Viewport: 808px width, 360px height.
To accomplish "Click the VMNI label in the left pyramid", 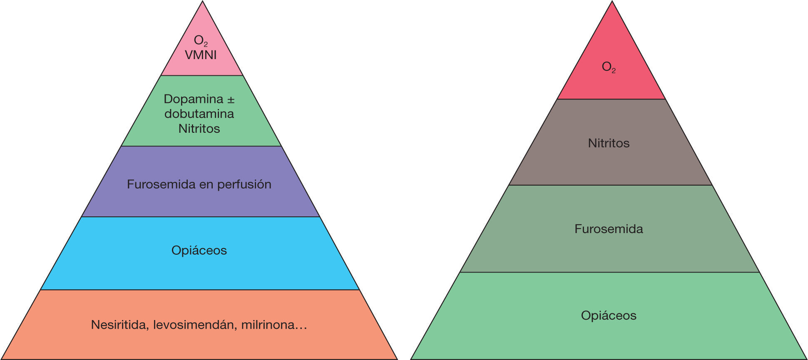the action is [201, 55].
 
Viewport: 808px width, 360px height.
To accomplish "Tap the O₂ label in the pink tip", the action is [201, 40].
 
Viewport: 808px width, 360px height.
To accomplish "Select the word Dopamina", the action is [193, 99].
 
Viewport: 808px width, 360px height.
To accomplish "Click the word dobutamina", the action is [199, 114].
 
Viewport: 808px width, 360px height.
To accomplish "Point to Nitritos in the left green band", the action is [199, 129].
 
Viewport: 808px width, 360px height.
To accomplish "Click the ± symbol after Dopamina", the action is [231, 99].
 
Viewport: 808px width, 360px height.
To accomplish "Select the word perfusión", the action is [244, 184].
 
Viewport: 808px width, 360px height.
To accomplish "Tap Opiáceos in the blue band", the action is [199, 251].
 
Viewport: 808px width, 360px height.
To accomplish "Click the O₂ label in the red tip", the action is [609, 67].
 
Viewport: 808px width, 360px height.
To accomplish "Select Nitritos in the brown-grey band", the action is [609, 143].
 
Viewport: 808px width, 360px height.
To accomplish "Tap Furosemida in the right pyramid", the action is [609, 229].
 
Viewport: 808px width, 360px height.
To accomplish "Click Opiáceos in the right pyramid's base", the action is [609, 315].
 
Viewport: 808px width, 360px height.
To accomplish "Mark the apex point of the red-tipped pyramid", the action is [612, 2].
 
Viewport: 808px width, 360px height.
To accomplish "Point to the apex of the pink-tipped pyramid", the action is [203, 2].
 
